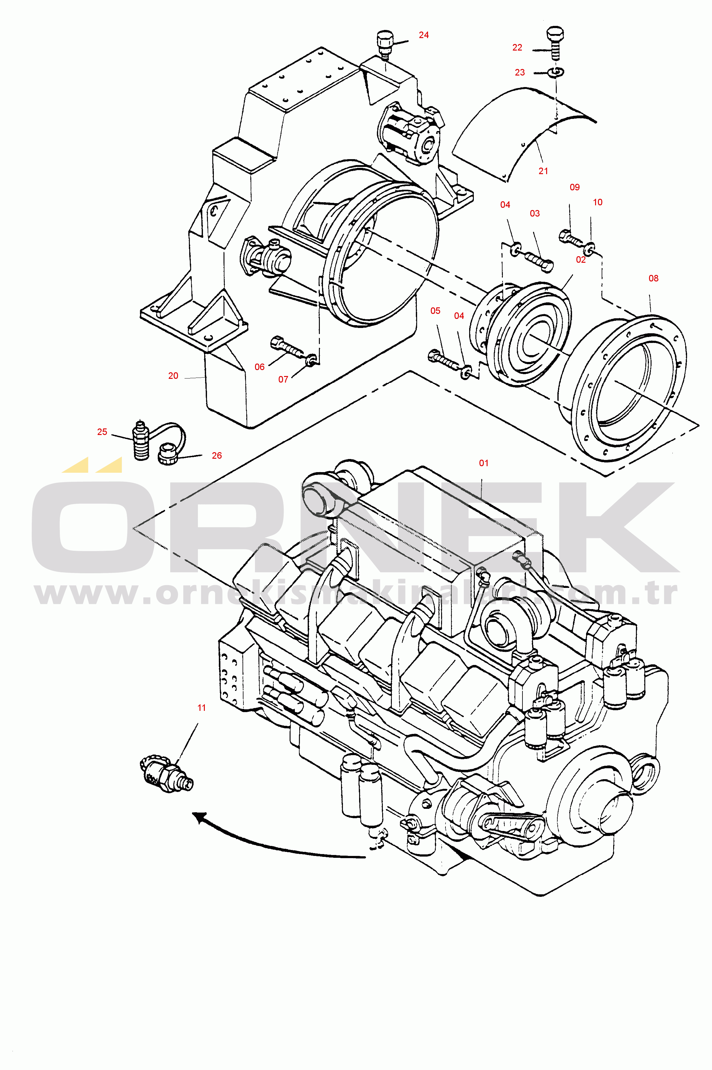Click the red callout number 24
tap(424, 35)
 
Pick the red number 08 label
tap(653, 278)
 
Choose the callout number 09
tap(575, 187)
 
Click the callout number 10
tap(598, 202)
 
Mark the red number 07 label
tap(283, 379)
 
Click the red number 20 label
tap(173, 375)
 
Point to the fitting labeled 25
tap(142, 440)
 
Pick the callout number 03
tap(535, 213)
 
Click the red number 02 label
tap(581, 260)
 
